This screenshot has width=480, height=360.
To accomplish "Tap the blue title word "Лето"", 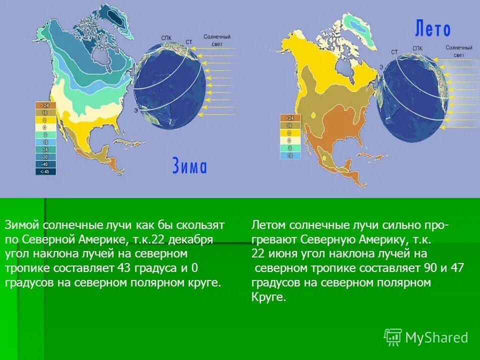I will click(432, 29).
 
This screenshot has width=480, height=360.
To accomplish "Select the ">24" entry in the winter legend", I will click(45, 106).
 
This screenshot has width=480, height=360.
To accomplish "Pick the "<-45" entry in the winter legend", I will click(45, 171).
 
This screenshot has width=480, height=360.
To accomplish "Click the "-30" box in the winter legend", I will click(45, 156).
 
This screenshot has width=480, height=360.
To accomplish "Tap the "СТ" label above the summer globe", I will click(394, 52).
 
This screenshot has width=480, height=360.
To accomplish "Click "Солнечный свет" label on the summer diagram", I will click(458, 51).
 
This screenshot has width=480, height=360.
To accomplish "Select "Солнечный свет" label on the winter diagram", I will click(217, 40).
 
